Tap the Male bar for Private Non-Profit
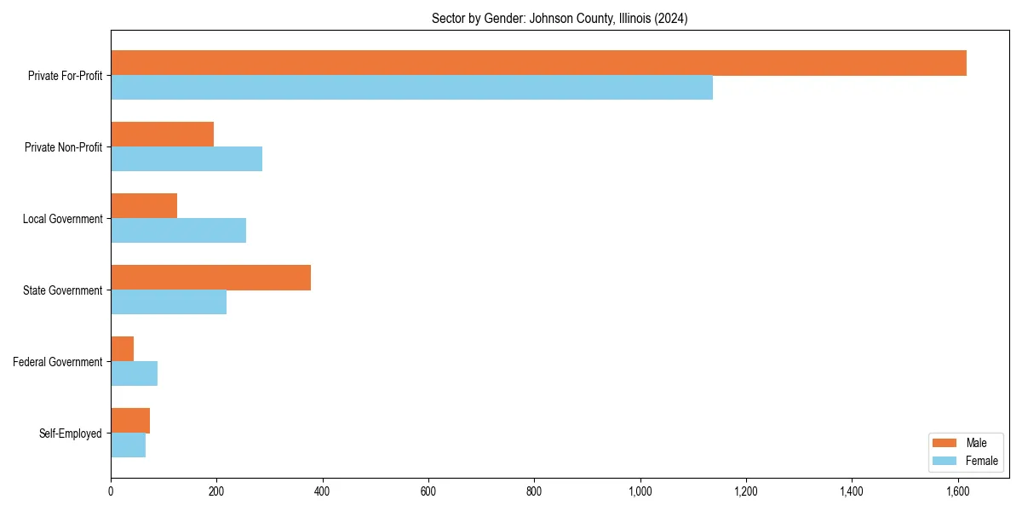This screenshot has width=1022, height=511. coord(162,135)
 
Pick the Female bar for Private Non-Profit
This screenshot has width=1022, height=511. coord(187,159)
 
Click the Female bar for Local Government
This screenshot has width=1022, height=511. coord(178,231)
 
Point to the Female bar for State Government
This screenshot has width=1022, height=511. coord(169,302)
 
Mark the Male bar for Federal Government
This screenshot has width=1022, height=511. coord(122,349)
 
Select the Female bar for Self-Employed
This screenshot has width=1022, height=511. coord(128,445)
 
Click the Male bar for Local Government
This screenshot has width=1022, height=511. coord(144,206)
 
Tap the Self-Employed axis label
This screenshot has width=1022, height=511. coord(71,433)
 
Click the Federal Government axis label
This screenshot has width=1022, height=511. coord(58,362)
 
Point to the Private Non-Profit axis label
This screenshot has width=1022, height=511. coord(63,147)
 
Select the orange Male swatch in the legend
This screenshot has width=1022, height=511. coord(944,443)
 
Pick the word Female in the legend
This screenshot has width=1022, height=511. coord(982,461)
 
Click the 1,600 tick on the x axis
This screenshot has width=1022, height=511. coord(957,491)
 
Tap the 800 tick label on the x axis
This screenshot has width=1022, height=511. coord(534,491)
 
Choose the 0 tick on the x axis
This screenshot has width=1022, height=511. coord(111,491)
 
